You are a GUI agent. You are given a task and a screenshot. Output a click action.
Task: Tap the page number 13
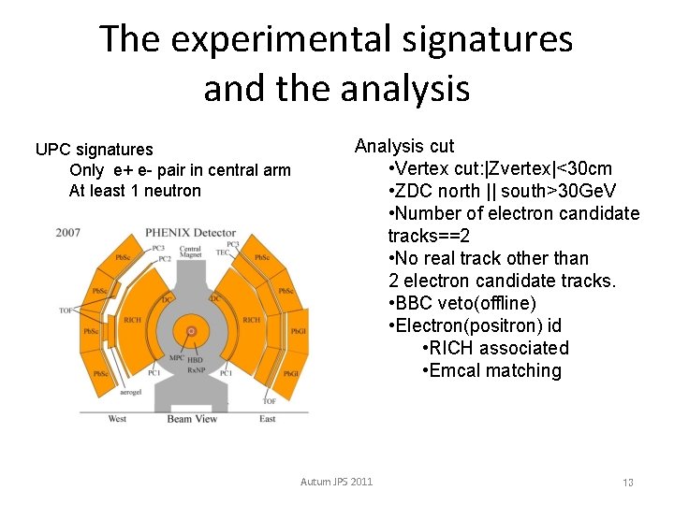[628, 483]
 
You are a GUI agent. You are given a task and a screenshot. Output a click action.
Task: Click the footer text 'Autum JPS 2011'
[336, 482]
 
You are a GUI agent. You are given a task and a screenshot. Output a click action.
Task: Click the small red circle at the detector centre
[192, 331]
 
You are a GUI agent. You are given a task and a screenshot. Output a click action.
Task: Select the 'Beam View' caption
[192, 418]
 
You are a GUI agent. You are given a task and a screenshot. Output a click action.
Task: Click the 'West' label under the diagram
[117, 418]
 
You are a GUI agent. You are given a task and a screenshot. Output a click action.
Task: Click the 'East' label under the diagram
[268, 418]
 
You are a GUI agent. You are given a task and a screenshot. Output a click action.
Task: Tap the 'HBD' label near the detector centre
[196, 359]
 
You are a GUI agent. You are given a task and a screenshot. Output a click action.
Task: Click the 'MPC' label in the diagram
[176, 357]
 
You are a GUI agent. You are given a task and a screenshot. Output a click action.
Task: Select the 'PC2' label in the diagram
[165, 258]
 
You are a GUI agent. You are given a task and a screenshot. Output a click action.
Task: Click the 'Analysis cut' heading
[403, 146]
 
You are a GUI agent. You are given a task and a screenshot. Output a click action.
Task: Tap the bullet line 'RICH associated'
[495, 348]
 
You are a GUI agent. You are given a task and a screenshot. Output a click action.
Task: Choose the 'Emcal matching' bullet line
[491, 370]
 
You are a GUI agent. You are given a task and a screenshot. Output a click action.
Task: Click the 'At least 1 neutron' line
[135, 191]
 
